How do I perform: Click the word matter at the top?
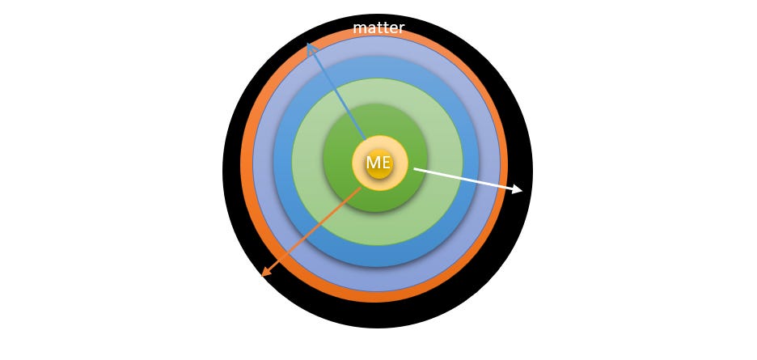(378, 28)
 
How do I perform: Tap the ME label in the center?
(378, 163)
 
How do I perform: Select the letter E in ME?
(385, 163)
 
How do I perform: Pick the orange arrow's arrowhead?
(265, 273)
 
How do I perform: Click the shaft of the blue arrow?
(336, 92)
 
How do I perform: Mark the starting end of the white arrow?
(414, 169)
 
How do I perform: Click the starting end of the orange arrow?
(361, 188)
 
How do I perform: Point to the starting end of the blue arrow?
(366, 139)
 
